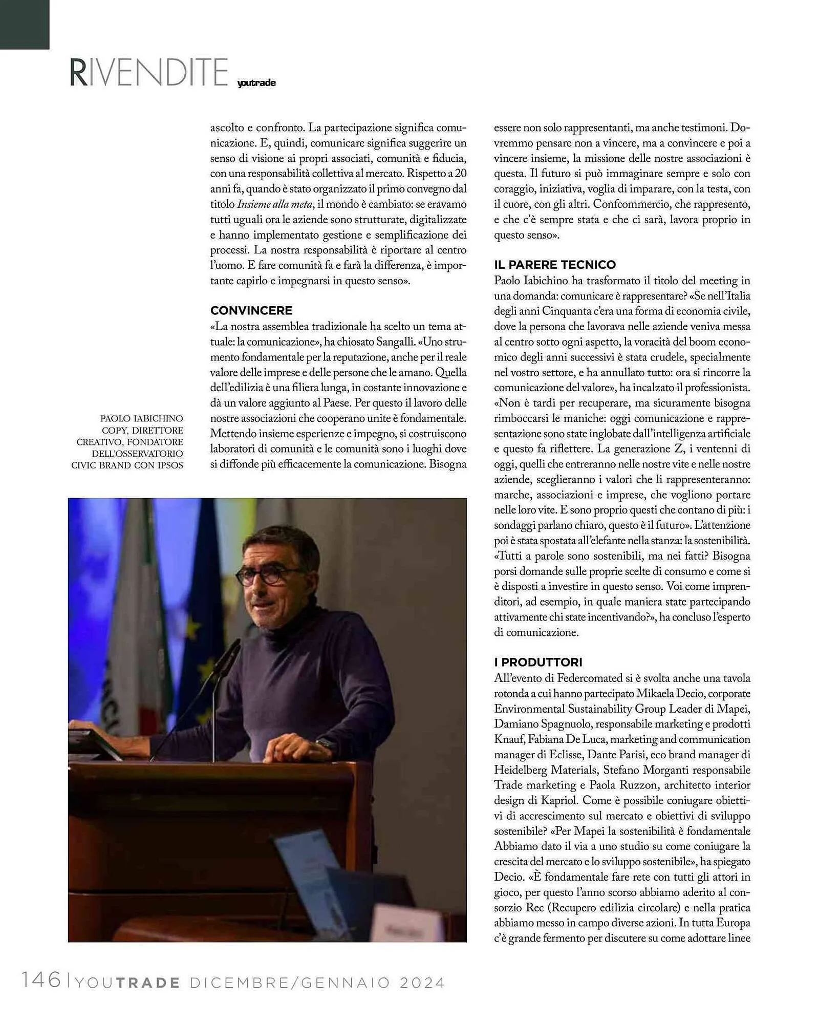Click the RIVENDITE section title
pyautogui.click(x=148, y=72)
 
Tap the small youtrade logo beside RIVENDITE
pyautogui.click(x=256, y=83)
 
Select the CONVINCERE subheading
pyautogui.click(x=251, y=310)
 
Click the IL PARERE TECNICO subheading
pyautogui.click(x=555, y=265)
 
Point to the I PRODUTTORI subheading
pyautogui.click(x=538, y=662)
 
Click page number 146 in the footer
pyautogui.click(x=41, y=980)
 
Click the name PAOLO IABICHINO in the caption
pyautogui.click(x=141, y=419)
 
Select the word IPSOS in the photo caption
pyautogui.click(x=169, y=465)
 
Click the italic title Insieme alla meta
pyautogui.click(x=274, y=204)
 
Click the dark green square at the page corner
pyautogui.click(x=24, y=24)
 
